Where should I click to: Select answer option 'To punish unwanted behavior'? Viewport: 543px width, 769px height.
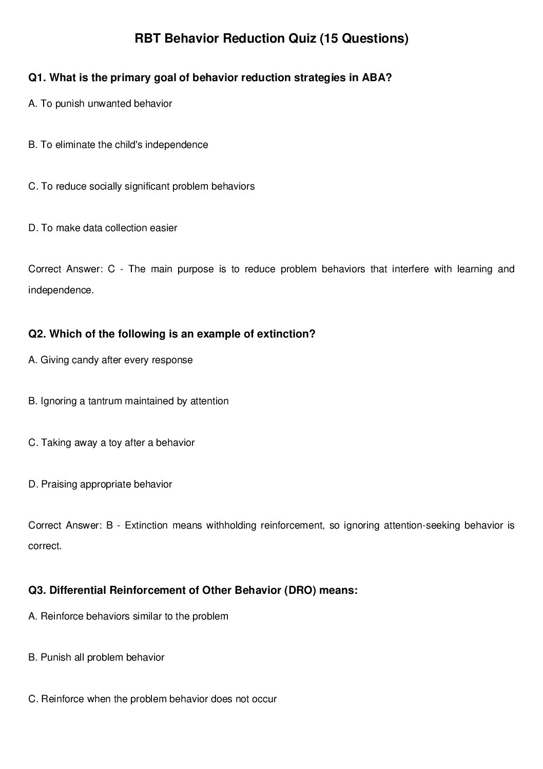point(100,104)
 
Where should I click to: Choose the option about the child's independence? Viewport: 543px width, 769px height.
point(118,145)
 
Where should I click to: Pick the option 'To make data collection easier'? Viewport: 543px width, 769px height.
point(103,228)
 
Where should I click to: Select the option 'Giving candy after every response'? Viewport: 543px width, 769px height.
point(110,360)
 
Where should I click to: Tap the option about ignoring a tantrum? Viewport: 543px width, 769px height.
point(128,401)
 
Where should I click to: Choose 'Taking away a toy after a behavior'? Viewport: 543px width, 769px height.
point(111,443)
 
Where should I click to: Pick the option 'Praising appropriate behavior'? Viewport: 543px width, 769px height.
point(100,484)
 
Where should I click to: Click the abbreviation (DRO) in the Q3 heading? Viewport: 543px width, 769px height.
point(300,590)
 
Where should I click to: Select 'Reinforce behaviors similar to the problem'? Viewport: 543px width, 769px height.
point(128,616)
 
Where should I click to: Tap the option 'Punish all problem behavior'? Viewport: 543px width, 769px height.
point(96,658)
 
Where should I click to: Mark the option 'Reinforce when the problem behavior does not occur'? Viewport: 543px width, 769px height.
point(152,699)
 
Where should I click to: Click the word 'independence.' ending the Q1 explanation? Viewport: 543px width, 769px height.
point(61,290)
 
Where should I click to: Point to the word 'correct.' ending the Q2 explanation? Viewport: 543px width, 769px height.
point(45,546)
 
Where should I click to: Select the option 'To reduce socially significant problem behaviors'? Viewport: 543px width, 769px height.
point(141,186)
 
